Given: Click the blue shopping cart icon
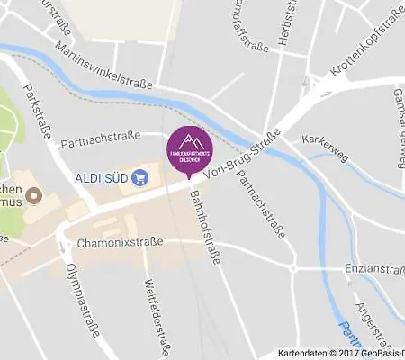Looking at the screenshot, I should [139, 177].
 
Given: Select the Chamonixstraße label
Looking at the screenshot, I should [120, 242].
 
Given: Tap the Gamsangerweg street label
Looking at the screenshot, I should [398, 126].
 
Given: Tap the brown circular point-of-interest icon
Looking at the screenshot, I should [34, 194].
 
